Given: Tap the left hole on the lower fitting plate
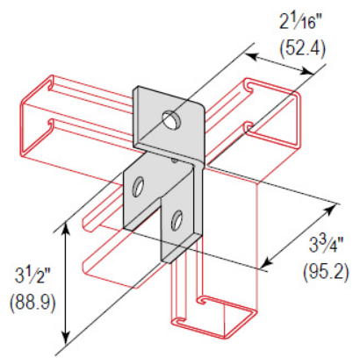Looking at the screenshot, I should (138, 185).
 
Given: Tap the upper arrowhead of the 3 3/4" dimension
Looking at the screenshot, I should (335, 207).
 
